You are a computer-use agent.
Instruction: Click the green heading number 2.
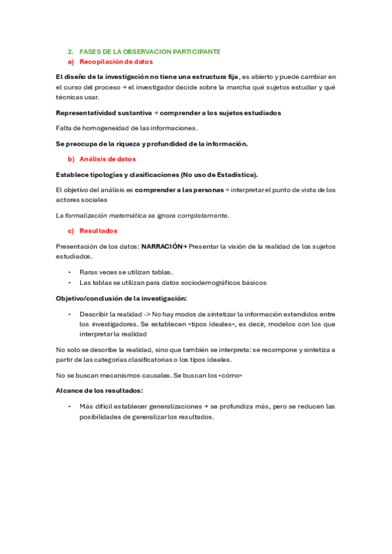[x=70, y=51]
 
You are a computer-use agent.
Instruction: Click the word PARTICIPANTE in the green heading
[x=199, y=51]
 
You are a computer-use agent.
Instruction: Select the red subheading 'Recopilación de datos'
[x=116, y=62]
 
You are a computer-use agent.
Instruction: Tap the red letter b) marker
[x=71, y=159]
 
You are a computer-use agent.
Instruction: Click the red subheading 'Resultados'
[x=98, y=231]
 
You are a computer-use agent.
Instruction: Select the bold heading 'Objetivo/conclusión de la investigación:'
[x=122, y=298]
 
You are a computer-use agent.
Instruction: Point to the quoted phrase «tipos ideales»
[x=197, y=324]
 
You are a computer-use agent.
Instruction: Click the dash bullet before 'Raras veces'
[x=70, y=272]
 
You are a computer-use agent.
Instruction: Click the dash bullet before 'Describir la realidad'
[x=70, y=314]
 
